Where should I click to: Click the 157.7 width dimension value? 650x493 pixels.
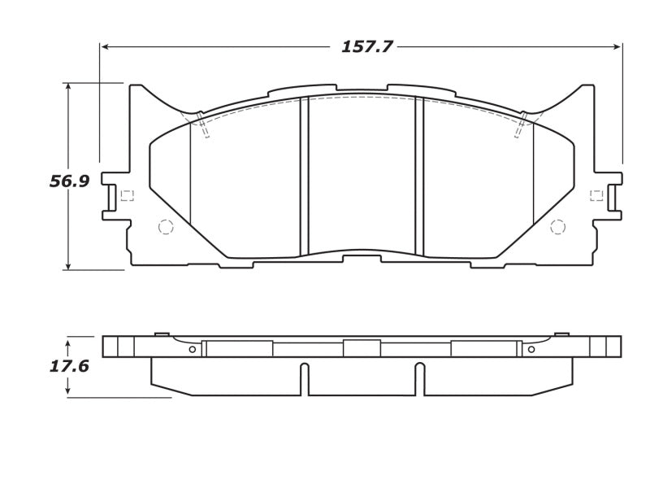point(366,46)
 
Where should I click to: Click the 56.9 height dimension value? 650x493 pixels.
point(69,181)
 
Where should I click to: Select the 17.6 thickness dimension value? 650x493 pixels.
point(69,366)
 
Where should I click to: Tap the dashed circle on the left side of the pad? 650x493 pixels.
point(166,227)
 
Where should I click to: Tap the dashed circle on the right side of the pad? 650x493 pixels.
point(557,227)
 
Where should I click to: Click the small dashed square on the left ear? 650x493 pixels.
point(126,195)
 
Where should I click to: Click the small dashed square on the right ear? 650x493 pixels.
point(596,195)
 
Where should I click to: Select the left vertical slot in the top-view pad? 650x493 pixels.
point(305,175)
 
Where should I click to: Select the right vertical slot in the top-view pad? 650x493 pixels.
point(420,175)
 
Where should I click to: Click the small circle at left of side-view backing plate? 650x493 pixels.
point(192,350)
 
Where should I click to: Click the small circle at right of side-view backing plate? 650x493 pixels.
point(531,350)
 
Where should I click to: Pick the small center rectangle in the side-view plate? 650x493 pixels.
point(362,348)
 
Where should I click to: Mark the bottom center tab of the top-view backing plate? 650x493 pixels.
point(362,259)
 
